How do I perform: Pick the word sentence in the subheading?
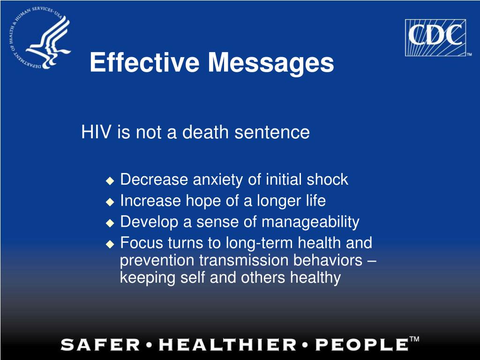[x=272, y=132]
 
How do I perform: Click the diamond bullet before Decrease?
[x=110, y=180]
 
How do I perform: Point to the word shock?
[x=327, y=180]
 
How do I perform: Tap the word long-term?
[x=256, y=243]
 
